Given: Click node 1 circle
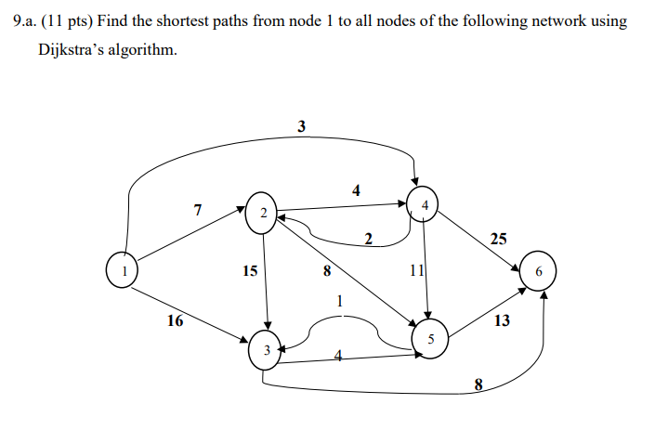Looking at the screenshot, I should [121, 271].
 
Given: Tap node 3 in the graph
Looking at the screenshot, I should [267, 350].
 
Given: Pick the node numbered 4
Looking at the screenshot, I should [424, 204].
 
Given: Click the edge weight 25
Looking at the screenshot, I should [498, 239].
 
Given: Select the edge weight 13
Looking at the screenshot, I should [502, 321].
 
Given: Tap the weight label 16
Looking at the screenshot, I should [175, 321].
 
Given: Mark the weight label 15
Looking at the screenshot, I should [250, 272].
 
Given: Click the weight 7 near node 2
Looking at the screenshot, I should [197, 210].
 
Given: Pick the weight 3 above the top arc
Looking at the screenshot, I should [301, 127].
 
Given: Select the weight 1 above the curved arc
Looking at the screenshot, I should [340, 300].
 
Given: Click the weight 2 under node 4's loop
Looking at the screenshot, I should [368, 241].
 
